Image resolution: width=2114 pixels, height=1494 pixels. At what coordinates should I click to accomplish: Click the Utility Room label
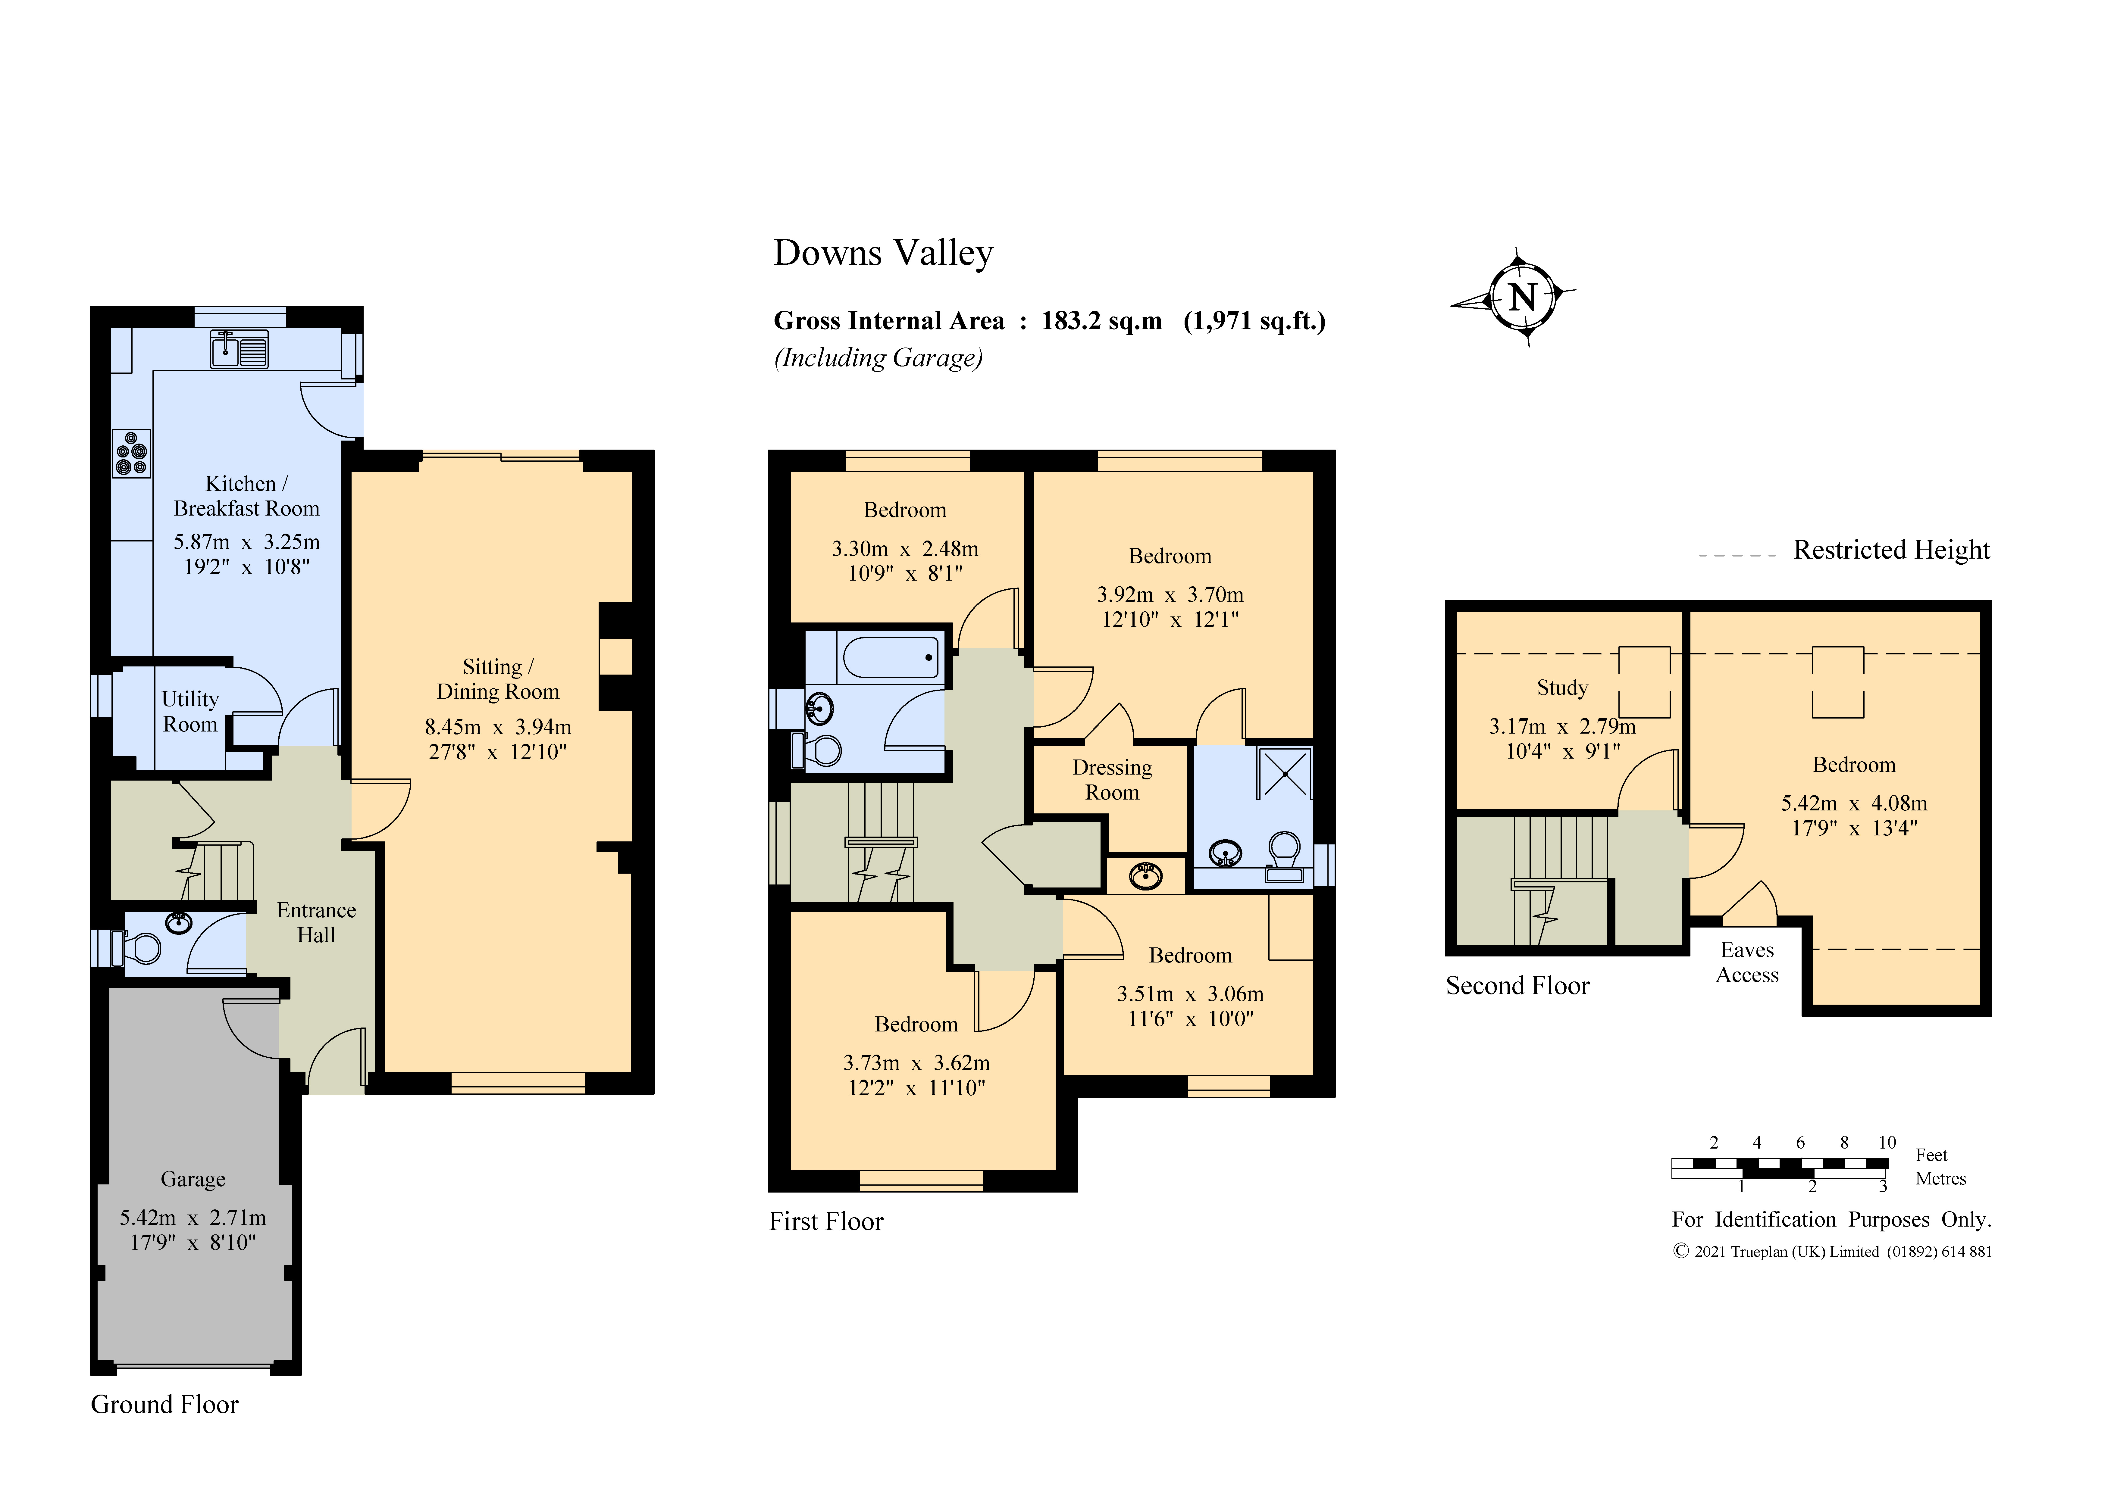(191, 712)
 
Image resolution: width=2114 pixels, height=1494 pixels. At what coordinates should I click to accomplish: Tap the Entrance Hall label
(316, 922)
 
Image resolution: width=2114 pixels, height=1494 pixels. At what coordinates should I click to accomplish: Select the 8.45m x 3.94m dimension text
(498, 727)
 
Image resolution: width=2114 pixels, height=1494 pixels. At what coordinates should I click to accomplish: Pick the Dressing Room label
(1112, 780)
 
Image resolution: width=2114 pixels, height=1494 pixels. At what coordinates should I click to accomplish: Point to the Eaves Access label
(1748, 962)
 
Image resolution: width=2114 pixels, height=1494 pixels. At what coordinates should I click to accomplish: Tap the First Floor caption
(826, 1221)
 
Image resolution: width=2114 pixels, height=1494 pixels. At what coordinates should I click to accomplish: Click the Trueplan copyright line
(1832, 1252)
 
